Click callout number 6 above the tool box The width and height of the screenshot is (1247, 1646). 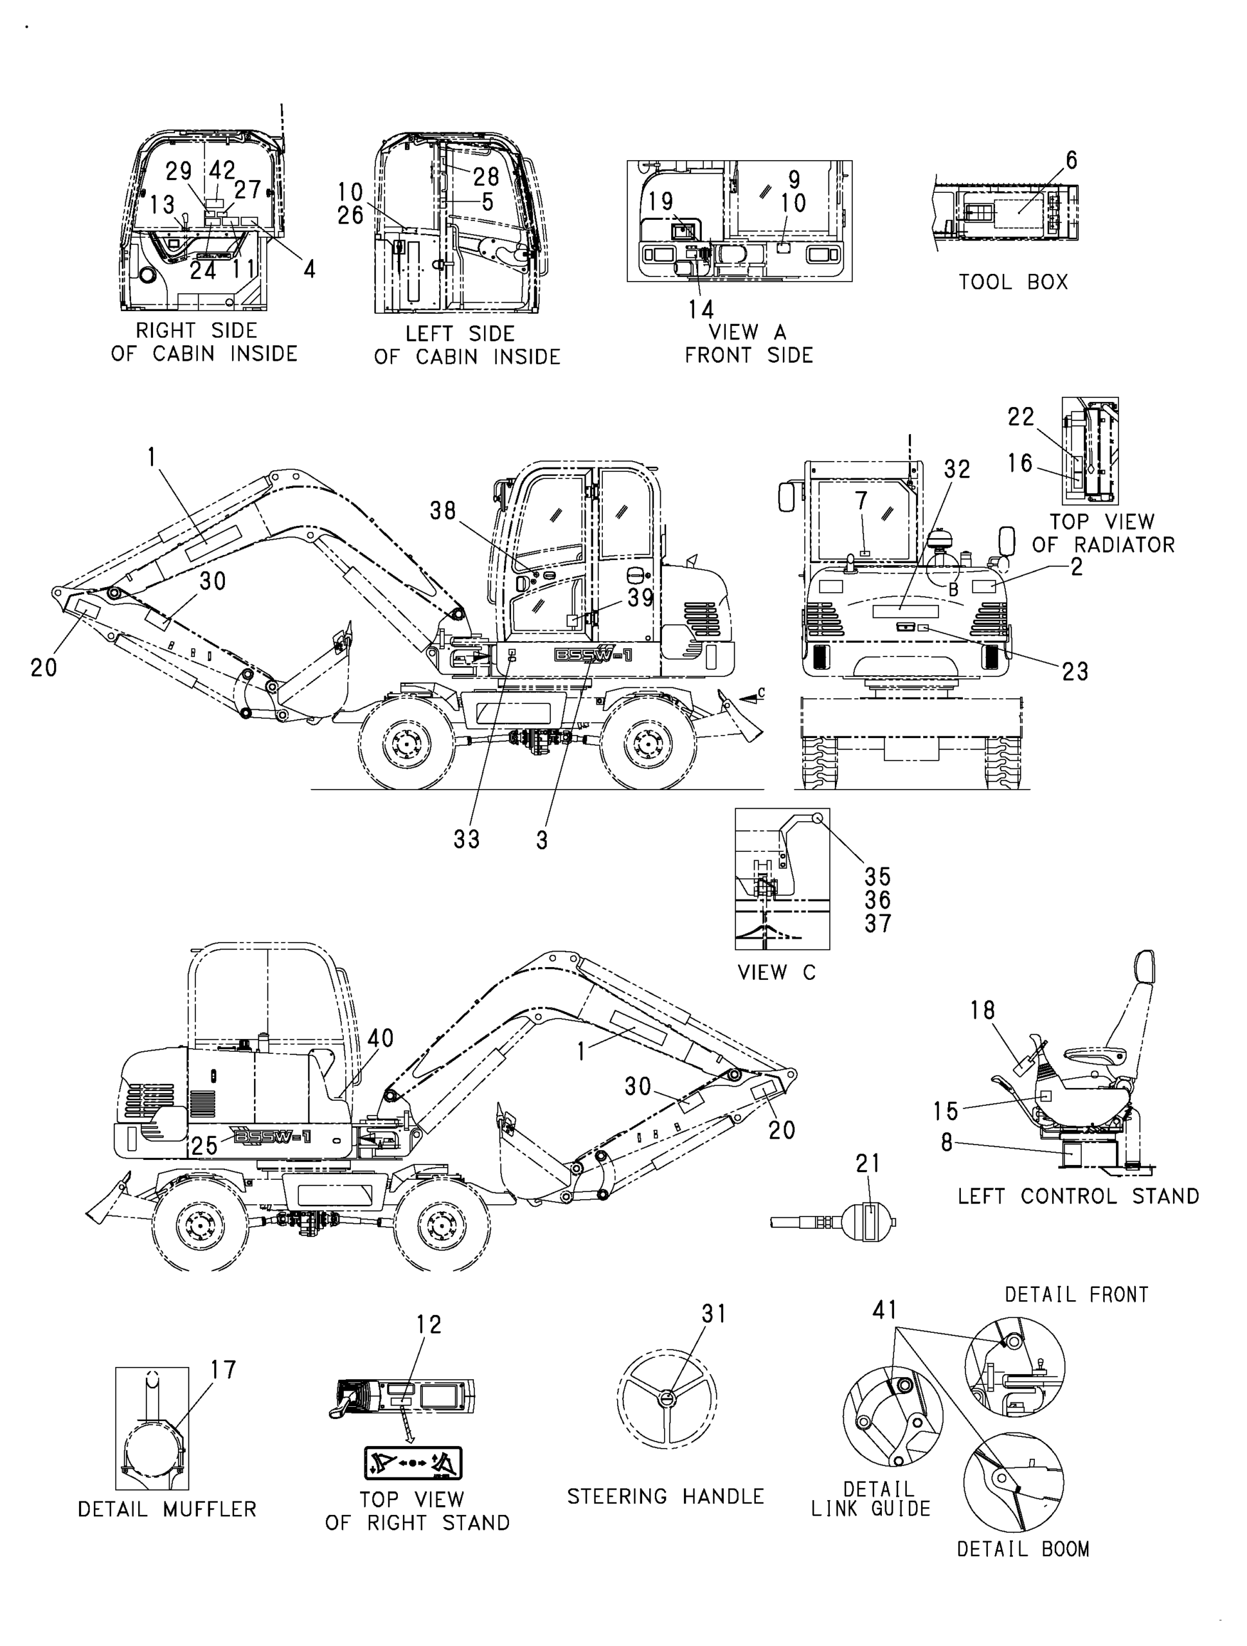1071,160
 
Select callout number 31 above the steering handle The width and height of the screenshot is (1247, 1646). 713,1314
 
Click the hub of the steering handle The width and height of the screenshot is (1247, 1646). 667,1400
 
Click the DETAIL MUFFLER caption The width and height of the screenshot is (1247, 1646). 167,1509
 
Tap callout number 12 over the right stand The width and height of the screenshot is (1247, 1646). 429,1324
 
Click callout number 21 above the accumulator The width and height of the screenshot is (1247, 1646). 868,1163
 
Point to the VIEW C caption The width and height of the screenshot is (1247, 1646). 776,973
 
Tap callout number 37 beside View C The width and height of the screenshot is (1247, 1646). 878,923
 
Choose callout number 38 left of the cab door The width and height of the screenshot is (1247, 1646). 443,511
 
